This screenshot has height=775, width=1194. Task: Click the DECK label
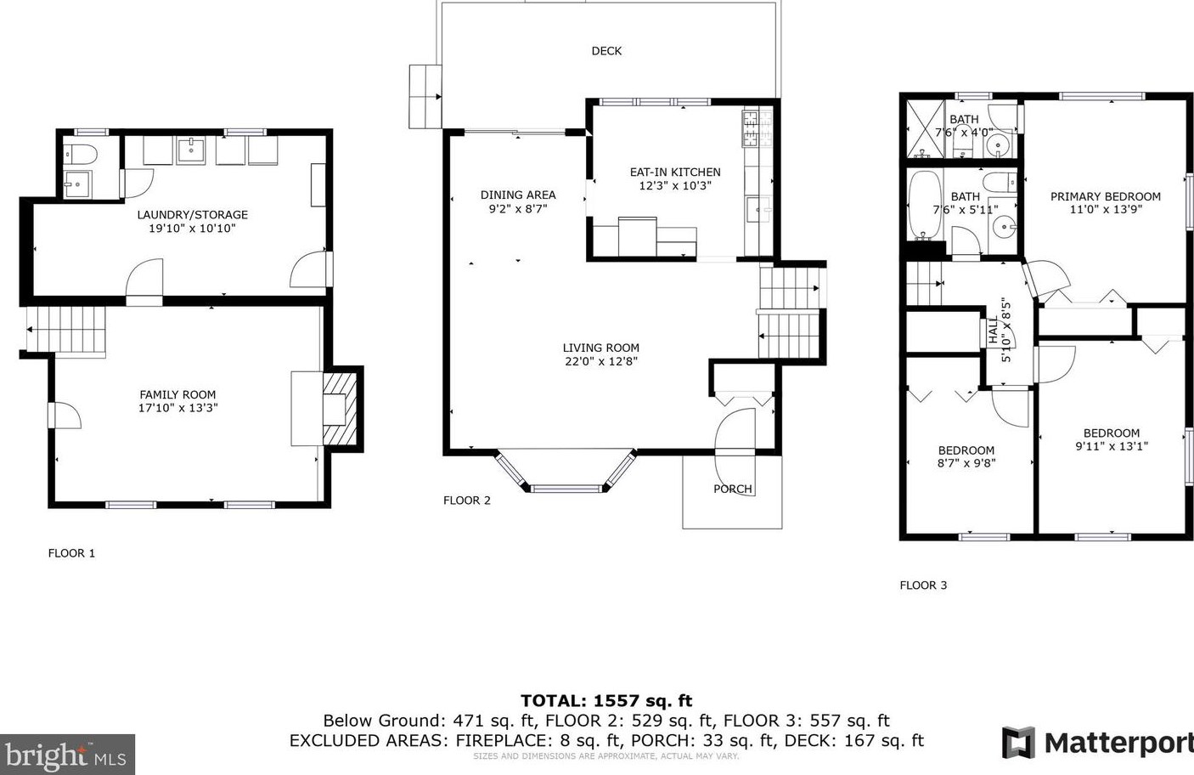pos(606,51)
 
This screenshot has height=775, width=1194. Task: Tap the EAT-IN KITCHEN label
pos(675,173)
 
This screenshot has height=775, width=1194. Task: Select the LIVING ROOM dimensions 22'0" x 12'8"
pos(601,362)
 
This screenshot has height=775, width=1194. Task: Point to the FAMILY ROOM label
pos(177,394)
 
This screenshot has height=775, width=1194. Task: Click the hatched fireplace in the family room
pos(340,409)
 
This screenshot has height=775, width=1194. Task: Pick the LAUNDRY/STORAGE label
pos(193,214)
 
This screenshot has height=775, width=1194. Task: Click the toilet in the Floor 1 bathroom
pos(81,155)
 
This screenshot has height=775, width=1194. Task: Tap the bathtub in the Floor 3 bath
pos(925,205)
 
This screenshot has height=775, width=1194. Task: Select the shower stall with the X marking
pos(925,128)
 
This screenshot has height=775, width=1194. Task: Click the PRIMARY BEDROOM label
pos(1106,196)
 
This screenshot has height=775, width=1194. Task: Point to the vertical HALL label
pos(994,331)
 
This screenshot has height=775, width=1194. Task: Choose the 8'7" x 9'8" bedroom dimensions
pos(966,463)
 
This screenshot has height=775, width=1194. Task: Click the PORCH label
pos(732,489)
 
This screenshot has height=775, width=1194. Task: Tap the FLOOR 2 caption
pos(466,501)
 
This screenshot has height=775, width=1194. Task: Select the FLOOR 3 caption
pos(923,585)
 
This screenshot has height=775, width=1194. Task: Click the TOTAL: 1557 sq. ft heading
pos(606,700)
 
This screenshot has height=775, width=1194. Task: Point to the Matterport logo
pos(1097,743)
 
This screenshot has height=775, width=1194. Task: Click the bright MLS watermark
pos(67,755)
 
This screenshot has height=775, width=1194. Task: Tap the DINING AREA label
pos(518,195)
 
